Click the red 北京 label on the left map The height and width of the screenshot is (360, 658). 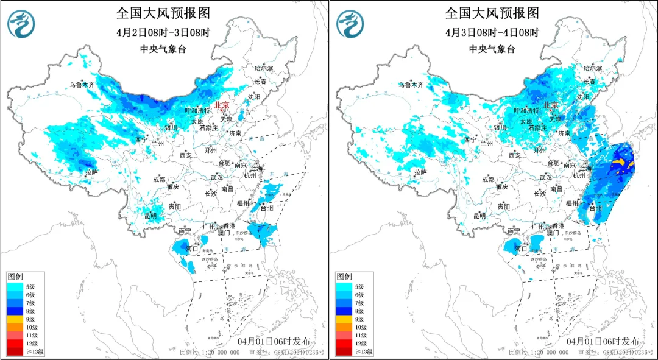coord(222,105)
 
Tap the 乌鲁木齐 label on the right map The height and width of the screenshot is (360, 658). coord(412,86)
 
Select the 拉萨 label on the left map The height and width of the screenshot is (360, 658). coord(91,173)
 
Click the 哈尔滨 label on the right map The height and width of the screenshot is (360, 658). coord(592,69)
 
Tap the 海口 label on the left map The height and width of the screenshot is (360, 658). coord(191,249)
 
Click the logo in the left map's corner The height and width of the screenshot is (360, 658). coord(21,23)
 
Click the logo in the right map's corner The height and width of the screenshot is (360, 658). coord(350,23)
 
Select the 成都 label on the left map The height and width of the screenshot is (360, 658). coord(158,179)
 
